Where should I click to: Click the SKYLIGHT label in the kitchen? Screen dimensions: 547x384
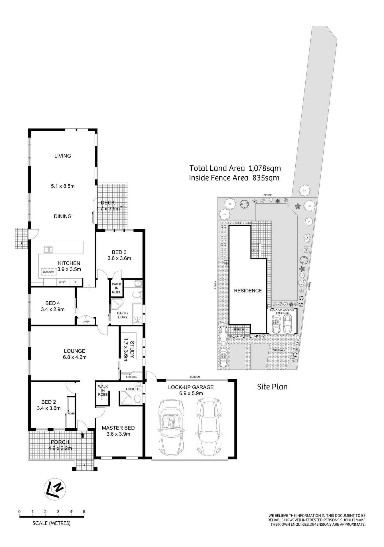[x=48, y=272]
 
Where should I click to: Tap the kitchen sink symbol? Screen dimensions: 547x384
[x=48, y=250]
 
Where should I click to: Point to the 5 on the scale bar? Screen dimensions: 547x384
[x=84, y=511]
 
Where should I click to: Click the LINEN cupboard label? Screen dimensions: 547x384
[x=86, y=321]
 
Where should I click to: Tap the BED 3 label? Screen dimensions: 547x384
[x=119, y=252]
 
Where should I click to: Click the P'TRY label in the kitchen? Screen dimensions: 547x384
[x=62, y=282]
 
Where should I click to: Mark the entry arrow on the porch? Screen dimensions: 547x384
[x=83, y=435]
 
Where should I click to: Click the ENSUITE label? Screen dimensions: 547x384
[x=133, y=389]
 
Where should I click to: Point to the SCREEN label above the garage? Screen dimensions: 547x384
[x=195, y=377]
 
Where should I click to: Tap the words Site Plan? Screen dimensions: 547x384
[x=272, y=387]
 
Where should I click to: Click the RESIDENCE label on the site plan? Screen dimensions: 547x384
[x=248, y=291]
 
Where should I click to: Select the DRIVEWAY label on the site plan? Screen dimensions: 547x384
[x=279, y=350]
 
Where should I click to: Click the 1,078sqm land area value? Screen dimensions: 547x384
[x=265, y=168]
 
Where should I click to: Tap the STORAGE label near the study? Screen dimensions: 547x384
[x=131, y=377]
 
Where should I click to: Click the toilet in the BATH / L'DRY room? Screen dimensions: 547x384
[x=137, y=294]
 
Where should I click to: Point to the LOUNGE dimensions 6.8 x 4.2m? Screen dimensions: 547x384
[x=75, y=357]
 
